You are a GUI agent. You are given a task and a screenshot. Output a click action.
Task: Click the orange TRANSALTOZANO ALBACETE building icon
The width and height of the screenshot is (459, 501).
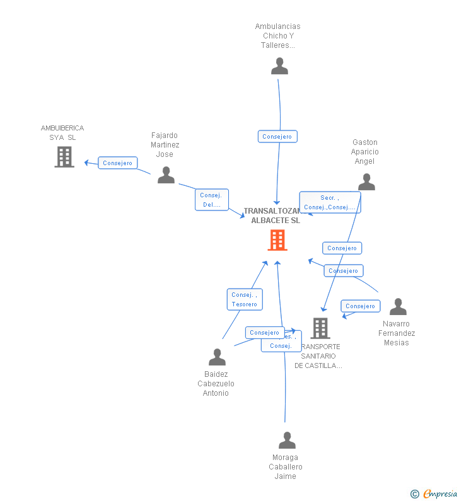277,240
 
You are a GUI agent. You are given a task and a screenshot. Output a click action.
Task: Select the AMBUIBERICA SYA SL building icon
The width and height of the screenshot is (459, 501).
64,157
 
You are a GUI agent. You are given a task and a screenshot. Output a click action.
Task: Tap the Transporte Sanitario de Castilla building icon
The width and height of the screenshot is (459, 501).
320,328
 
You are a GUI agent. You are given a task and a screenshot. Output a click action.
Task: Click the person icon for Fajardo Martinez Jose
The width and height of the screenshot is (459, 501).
166,175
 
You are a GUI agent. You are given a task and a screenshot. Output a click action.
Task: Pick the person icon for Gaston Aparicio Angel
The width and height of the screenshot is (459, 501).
366,182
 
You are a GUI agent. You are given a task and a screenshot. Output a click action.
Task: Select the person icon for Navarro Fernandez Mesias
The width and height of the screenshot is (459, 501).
398,307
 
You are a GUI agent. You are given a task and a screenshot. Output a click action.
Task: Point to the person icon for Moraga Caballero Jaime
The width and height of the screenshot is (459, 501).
287,441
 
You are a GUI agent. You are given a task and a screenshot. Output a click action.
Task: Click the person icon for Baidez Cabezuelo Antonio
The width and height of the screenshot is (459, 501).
217,357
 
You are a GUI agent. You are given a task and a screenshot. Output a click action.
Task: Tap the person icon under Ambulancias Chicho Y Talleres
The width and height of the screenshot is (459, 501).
279,66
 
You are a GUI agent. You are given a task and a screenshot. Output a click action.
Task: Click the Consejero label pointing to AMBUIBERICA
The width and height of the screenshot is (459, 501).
118,163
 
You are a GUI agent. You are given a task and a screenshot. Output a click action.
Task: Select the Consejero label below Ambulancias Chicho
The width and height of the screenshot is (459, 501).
277,136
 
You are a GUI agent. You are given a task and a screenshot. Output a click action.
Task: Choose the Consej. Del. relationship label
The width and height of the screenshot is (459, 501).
211,200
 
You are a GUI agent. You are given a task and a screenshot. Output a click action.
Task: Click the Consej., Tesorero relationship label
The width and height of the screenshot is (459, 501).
245,299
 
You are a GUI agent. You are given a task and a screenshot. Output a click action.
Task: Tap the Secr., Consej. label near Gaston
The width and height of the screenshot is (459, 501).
330,202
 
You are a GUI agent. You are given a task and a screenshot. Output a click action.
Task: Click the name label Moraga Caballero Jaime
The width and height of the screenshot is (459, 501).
286,467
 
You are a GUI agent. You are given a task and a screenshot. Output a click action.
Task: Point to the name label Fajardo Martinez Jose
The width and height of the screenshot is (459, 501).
165,145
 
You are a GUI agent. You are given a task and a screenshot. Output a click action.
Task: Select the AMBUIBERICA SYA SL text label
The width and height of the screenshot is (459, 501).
62,132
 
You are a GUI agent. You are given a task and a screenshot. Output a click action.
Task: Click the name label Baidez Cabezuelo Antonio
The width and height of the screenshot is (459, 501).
216,384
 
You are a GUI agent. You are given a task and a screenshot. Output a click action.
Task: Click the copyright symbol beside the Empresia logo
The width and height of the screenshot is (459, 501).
415,494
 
